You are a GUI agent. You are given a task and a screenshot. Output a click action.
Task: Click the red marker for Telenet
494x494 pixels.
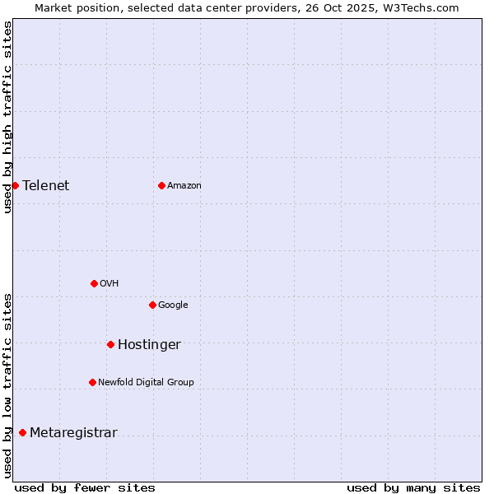(15, 185)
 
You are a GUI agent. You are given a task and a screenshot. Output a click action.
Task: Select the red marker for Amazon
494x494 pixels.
(161, 185)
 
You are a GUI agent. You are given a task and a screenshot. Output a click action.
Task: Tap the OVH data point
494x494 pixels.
(94, 283)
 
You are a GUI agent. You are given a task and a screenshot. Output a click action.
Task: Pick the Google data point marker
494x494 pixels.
(152, 305)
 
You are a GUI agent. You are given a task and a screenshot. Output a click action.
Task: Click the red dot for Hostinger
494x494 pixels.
(110, 344)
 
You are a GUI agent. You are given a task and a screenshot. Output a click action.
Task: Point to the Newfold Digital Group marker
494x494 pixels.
(92, 382)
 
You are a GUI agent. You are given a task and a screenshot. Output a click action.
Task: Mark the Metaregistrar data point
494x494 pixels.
(22, 433)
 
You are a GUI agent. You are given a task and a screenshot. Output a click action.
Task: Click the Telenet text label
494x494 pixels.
(45, 185)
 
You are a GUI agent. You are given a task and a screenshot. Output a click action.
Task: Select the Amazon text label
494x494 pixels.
(184, 186)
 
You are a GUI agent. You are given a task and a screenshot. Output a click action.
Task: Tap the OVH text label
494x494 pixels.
(110, 284)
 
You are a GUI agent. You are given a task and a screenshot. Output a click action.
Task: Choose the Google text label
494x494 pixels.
(173, 305)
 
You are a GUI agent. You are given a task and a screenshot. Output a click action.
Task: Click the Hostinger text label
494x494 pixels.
(149, 345)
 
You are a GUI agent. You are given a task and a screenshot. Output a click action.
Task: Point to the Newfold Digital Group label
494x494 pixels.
(146, 382)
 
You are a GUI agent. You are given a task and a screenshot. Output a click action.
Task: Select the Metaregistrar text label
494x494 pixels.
(73, 433)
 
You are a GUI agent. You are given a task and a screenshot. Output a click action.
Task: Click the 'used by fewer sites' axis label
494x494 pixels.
(85, 487)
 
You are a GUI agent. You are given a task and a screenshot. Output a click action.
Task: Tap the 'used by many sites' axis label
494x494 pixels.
(413, 487)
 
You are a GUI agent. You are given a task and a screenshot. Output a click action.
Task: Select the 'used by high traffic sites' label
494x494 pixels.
(7, 117)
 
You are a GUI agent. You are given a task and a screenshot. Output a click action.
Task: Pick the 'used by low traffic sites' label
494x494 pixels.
(7, 384)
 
